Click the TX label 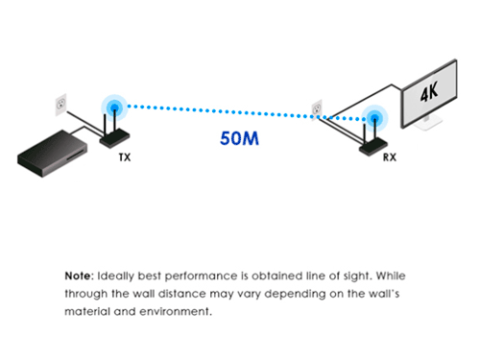125,157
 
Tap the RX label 390,157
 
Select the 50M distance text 239,138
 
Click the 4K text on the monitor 429,91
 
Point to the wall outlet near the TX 60,105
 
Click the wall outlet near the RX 317,109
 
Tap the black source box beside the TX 52,153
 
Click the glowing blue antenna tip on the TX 114,108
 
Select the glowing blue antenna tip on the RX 374,118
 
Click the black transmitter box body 114,138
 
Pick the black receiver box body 373,147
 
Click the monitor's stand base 427,124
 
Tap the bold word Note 79,276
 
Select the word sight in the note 358,276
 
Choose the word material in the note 87,311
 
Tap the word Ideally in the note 115,276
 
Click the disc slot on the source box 76,153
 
